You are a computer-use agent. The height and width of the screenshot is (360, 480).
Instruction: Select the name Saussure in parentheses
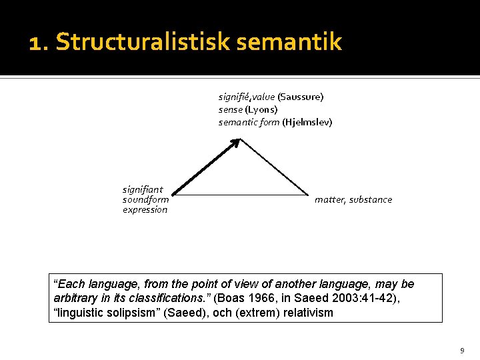[x=301, y=97]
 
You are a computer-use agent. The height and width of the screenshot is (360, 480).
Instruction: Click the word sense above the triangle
[x=231, y=109]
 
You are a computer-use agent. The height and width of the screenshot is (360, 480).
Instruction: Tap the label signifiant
[x=143, y=189]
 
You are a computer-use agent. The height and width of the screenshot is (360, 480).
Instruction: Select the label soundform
[x=145, y=199]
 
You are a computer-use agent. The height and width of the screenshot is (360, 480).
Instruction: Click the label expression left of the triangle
[x=145, y=209]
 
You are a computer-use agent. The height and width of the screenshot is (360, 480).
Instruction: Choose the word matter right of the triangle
[x=329, y=199]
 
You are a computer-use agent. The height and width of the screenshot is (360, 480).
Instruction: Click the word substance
[x=371, y=199]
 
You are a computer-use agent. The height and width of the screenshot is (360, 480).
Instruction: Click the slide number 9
[x=462, y=350]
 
